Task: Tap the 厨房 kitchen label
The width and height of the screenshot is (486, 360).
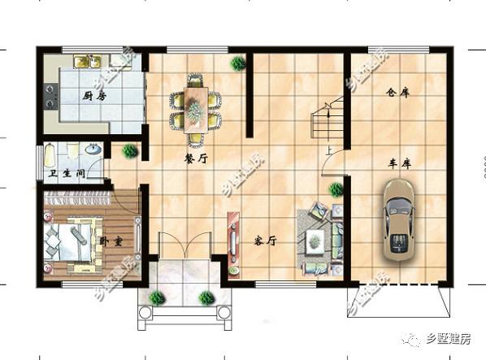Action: coord(95,95)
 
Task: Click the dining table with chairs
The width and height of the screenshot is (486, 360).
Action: coord(196,105)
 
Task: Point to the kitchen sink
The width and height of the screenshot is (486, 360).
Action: coord(85,62)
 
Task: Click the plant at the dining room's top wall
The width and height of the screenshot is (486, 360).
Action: coord(237,62)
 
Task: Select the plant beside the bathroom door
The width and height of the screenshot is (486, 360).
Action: coord(128,151)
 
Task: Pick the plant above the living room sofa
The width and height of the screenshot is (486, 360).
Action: coord(335,189)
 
